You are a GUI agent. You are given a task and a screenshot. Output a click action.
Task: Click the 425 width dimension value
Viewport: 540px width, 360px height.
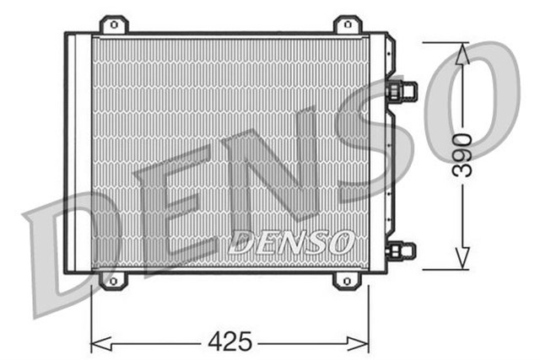(x=229, y=341)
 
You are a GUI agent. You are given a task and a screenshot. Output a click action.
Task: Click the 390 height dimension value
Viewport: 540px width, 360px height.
(x=461, y=153)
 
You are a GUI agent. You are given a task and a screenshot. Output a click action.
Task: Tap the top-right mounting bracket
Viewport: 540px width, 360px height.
(x=347, y=25)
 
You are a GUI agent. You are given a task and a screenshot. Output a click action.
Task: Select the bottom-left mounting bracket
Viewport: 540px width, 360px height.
(x=111, y=280)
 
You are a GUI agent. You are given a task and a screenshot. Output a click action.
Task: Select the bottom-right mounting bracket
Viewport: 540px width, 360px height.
(x=345, y=280)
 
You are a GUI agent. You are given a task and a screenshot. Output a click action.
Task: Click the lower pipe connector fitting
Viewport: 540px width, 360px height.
(x=402, y=250)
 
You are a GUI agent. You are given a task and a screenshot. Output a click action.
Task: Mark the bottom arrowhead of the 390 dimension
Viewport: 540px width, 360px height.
(x=462, y=258)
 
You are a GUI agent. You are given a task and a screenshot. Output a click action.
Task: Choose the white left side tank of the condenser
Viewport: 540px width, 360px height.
(x=78, y=152)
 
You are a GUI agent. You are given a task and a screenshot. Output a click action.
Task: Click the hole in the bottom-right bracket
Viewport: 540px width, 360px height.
(x=345, y=282)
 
